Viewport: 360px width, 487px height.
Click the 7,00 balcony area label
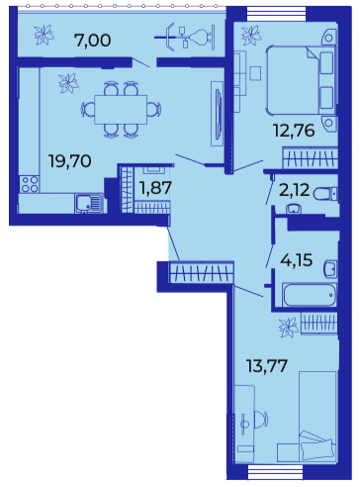click(93, 41)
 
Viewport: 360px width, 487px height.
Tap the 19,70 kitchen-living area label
click(70, 161)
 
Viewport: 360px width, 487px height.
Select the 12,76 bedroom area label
click(294, 131)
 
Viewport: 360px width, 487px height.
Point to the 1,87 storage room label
click(155, 188)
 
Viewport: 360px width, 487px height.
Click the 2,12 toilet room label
click(294, 190)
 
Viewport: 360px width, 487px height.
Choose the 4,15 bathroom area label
click(296, 260)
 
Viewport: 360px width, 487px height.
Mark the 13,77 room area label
click(267, 366)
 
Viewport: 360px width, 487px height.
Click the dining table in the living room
click(121, 110)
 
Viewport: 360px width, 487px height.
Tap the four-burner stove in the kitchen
click(30, 184)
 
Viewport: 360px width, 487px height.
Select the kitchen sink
click(89, 203)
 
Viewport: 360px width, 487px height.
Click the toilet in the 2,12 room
click(325, 194)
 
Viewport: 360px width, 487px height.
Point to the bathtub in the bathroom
click(310, 295)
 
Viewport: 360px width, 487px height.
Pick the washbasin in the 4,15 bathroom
click(330, 269)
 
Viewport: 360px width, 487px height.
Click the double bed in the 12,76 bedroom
click(301, 81)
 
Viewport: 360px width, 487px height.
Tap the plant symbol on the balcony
click(44, 35)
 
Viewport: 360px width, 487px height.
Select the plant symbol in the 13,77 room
click(289, 328)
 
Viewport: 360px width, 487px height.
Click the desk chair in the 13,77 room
click(261, 420)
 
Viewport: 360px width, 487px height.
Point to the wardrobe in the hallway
click(201, 272)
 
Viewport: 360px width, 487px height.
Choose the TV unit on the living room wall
click(218, 114)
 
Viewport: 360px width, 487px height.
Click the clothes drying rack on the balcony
click(185, 37)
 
